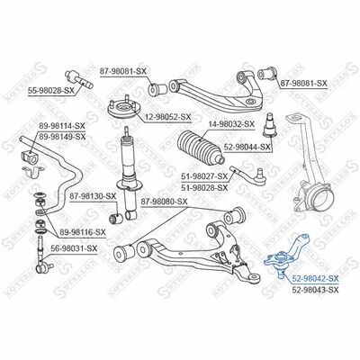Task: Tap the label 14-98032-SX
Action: pos(230,123)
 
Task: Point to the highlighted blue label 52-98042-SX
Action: pos(315,279)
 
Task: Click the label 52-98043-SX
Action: pos(315,290)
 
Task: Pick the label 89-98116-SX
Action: pos(82,232)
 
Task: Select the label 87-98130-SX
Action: pos(93,196)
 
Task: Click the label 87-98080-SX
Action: pos(164,202)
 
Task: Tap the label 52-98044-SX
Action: pos(247,147)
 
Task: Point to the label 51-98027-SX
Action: pos(204,176)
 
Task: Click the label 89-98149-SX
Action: pos(62,137)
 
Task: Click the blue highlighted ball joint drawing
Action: pos(286,255)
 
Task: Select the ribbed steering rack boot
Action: pos(201,148)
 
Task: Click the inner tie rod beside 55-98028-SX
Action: pos(79,79)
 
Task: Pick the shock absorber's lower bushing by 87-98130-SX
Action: pos(116,218)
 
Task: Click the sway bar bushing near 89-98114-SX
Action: pos(29,157)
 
